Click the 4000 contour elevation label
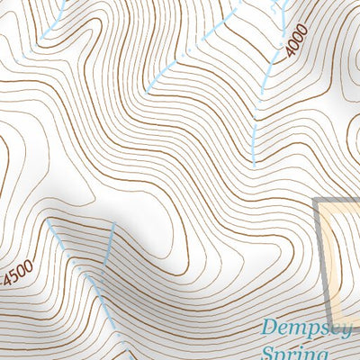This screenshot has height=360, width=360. click(297, 41)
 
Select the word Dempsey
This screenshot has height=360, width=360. click(309, 328)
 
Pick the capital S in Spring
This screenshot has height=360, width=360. click(268, 352)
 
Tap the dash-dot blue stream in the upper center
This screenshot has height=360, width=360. click(180, 54)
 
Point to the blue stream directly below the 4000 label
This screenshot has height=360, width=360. click(256, 135)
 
